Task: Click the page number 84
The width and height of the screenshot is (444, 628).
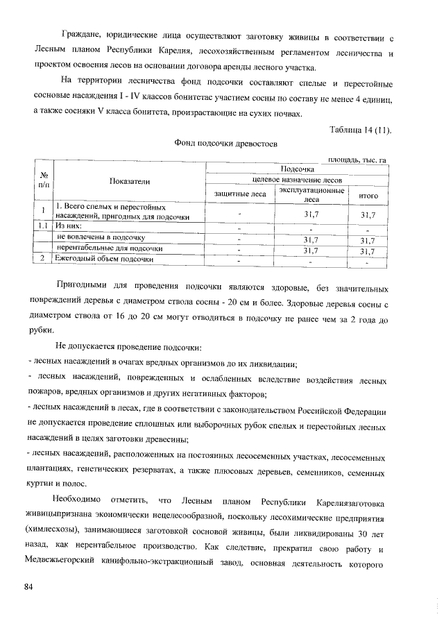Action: (28, 587)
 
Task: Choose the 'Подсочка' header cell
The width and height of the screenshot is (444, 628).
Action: (296, 168)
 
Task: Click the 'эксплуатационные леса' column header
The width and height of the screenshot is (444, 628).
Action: (311, 194)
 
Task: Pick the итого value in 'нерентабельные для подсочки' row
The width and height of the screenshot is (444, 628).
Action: (368, 249)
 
